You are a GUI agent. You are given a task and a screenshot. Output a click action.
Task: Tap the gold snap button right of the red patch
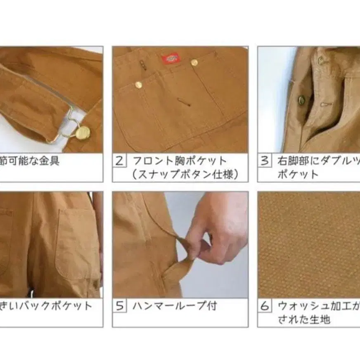pos(194,62)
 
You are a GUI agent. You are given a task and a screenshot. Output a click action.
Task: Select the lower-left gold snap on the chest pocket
pos(139,85)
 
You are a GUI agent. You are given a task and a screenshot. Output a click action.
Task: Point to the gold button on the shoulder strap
pos(83,133)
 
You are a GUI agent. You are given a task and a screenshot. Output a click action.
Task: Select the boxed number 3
pos(264,161)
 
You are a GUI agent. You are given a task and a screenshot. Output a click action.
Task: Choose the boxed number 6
pos(264,306)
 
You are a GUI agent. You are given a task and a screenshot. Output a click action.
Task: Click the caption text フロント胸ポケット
pos(180,161)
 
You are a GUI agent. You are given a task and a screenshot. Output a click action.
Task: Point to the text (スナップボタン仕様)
pos(185,174)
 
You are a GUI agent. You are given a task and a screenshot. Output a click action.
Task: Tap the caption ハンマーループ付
pos(174,306)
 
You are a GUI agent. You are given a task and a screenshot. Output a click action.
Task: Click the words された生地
pos(303,320)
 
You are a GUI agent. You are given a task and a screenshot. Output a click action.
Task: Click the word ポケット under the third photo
pos(297,174)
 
